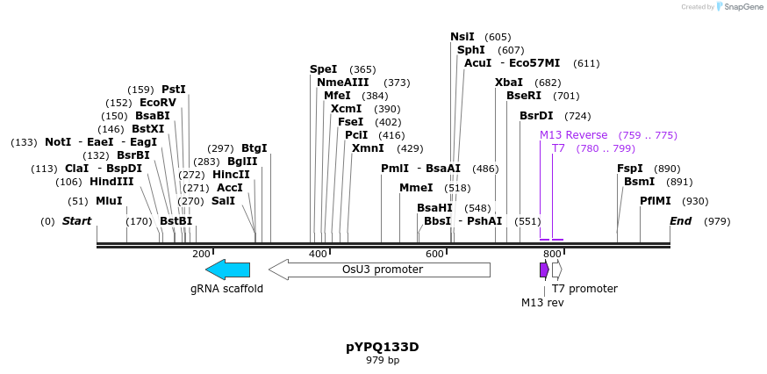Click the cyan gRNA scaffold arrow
[227, 270]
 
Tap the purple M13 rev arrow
[544, 270]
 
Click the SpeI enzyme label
[323, 69]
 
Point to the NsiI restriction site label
[462, 37]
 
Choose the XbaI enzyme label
[509, 83]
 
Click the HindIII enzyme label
[111, 182]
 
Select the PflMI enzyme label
[656, 201]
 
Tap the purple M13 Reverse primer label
[573, 135]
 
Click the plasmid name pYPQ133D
[382, 347]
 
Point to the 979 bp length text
[382, 360]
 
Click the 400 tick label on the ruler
[318, 254]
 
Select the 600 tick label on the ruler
[434, 254]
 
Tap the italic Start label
[76, 221]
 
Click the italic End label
[681, 221]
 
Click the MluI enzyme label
[109, 201]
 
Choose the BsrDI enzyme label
[536, 116]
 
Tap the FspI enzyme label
[630, 169]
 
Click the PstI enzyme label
[174, 90]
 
